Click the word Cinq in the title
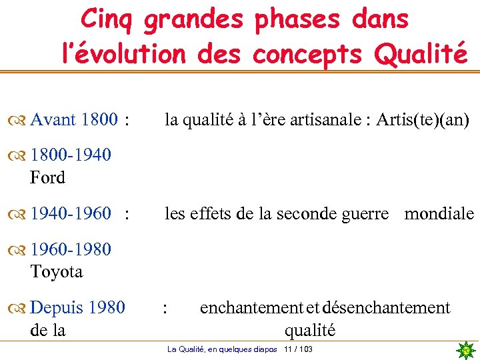pos(107,19)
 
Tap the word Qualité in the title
pos(421,54)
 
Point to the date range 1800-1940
pos(71,156)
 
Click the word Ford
pos(47,177)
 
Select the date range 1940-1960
pos(71,214)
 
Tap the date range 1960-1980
pos(71,250)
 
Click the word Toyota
pos(57,271)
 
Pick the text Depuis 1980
pos(77,307)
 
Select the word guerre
pos(364,214)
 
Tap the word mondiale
pos(439,214)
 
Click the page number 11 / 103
pos(298,350)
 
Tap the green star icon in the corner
pos(466,349)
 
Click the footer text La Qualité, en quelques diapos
pos(222,350)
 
